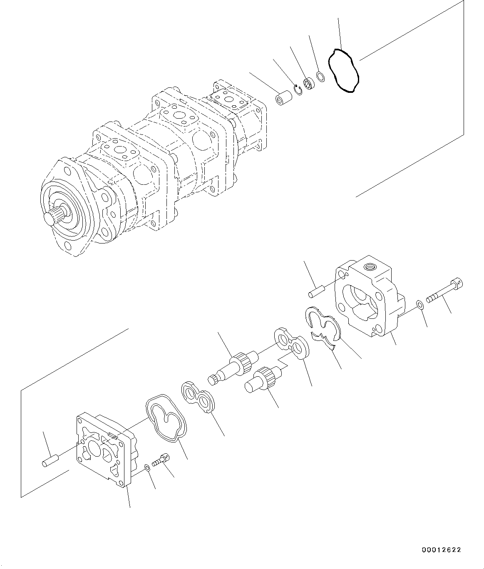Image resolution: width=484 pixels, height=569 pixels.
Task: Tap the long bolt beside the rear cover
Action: (445, 292)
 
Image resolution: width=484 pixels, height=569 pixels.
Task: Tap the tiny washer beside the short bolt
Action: (147, 468)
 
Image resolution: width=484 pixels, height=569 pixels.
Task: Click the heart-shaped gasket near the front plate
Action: (166, 417)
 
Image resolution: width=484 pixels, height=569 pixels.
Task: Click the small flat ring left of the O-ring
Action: (320, 77)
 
